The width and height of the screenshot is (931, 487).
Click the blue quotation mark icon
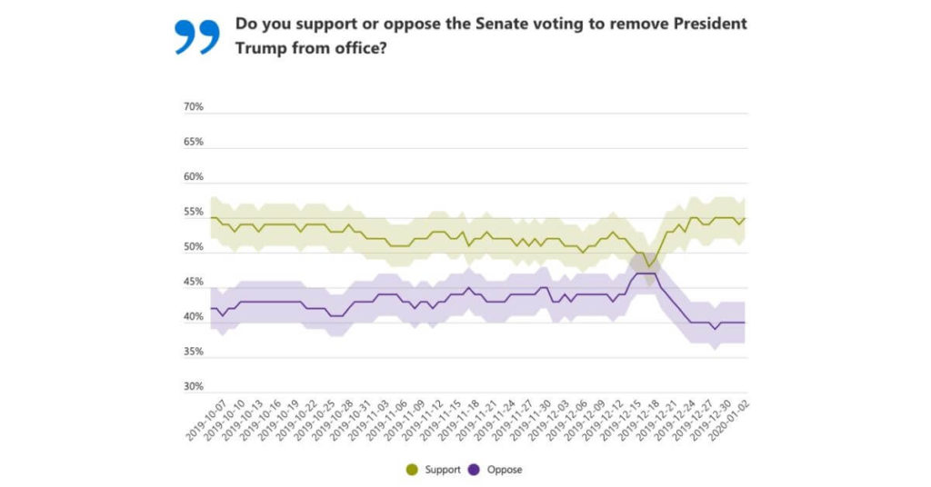pos(196,36)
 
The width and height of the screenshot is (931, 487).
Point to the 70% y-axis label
pos(194,107)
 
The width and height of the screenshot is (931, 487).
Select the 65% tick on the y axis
pos(194,143)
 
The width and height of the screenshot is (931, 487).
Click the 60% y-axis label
pos(194,177)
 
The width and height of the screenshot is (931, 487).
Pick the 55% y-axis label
pos(194,213)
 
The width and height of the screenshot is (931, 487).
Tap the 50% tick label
pos(194,247)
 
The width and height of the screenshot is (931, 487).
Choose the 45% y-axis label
pos(194,283)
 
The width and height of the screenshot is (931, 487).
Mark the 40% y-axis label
pos(194,317)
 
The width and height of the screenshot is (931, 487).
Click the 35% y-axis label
pos(194,353)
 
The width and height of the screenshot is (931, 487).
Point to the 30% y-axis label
pos(194,387)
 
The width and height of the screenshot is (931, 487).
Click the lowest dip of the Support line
pos(649,265)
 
